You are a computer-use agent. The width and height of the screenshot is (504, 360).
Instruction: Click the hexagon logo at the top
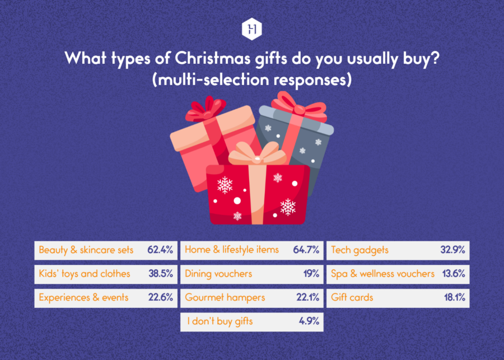(x=252, y=30)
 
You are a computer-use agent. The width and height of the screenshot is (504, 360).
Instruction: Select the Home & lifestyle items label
(x=232, y=250)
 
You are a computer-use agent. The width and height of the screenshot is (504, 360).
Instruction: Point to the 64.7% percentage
(x=306, y=250)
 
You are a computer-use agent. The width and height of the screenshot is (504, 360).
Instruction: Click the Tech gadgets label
(x=360, y=250)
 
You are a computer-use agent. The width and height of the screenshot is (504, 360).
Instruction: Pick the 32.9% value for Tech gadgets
(x=452, y=250)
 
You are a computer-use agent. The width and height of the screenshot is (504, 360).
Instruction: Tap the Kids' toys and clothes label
(x=85, y=274)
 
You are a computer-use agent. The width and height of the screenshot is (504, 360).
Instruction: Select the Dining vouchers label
(x=218, y=274)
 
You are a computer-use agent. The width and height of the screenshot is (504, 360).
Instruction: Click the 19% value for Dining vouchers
(x=311, y=274)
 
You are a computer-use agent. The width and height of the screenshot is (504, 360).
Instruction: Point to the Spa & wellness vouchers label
(x=382, y=274)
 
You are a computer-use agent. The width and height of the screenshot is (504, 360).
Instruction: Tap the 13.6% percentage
(x=452, y=274)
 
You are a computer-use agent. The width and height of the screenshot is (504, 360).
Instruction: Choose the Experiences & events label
(x=83, y=298)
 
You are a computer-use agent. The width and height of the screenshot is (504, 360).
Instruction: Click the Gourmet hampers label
(x=225, y=298)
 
